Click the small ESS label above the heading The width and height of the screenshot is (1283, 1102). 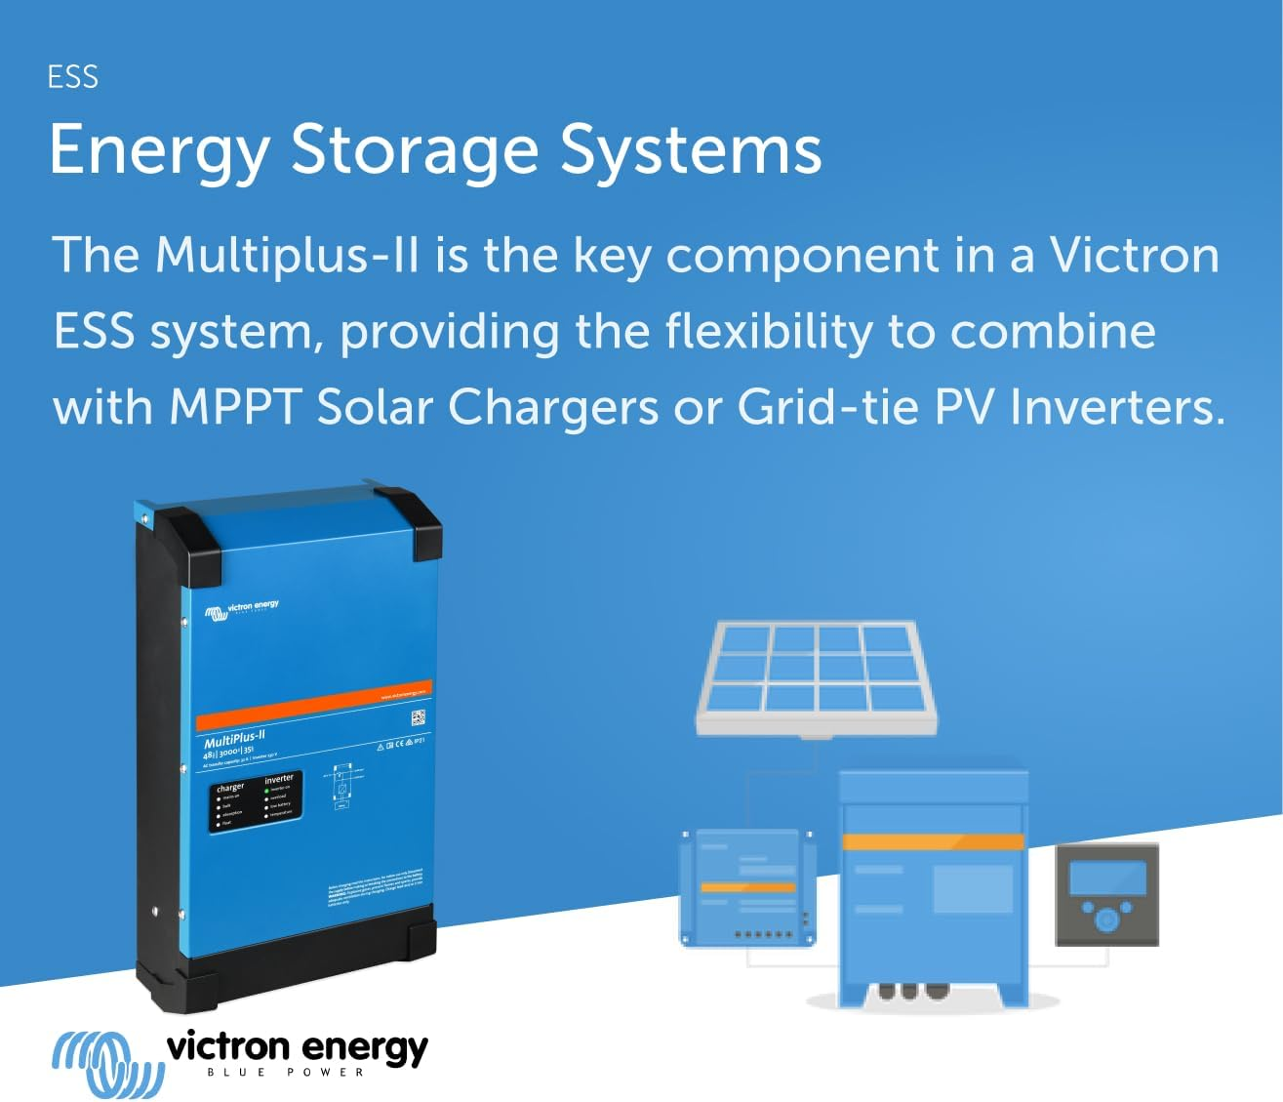tap(72, 77)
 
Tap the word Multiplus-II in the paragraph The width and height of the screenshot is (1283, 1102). tap(287, 256)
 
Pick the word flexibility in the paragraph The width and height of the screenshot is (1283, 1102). tap(768, 332)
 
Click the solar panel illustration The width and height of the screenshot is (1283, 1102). tap(816, 677)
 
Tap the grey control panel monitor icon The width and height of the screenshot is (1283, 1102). tap(1106, 895)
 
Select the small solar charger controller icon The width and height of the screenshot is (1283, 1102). tap(747, 888)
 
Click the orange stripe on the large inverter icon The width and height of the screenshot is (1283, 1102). tap(933, 841)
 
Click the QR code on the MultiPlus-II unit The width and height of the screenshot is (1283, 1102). tap(418, 718)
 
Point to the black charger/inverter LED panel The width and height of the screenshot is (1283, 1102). tap(256, 800)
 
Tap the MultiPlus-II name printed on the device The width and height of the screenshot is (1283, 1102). tap(234, 739)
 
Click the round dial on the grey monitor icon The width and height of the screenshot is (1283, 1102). tap(1106, 918)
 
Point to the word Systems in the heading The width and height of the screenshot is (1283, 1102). tap(691, 150)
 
